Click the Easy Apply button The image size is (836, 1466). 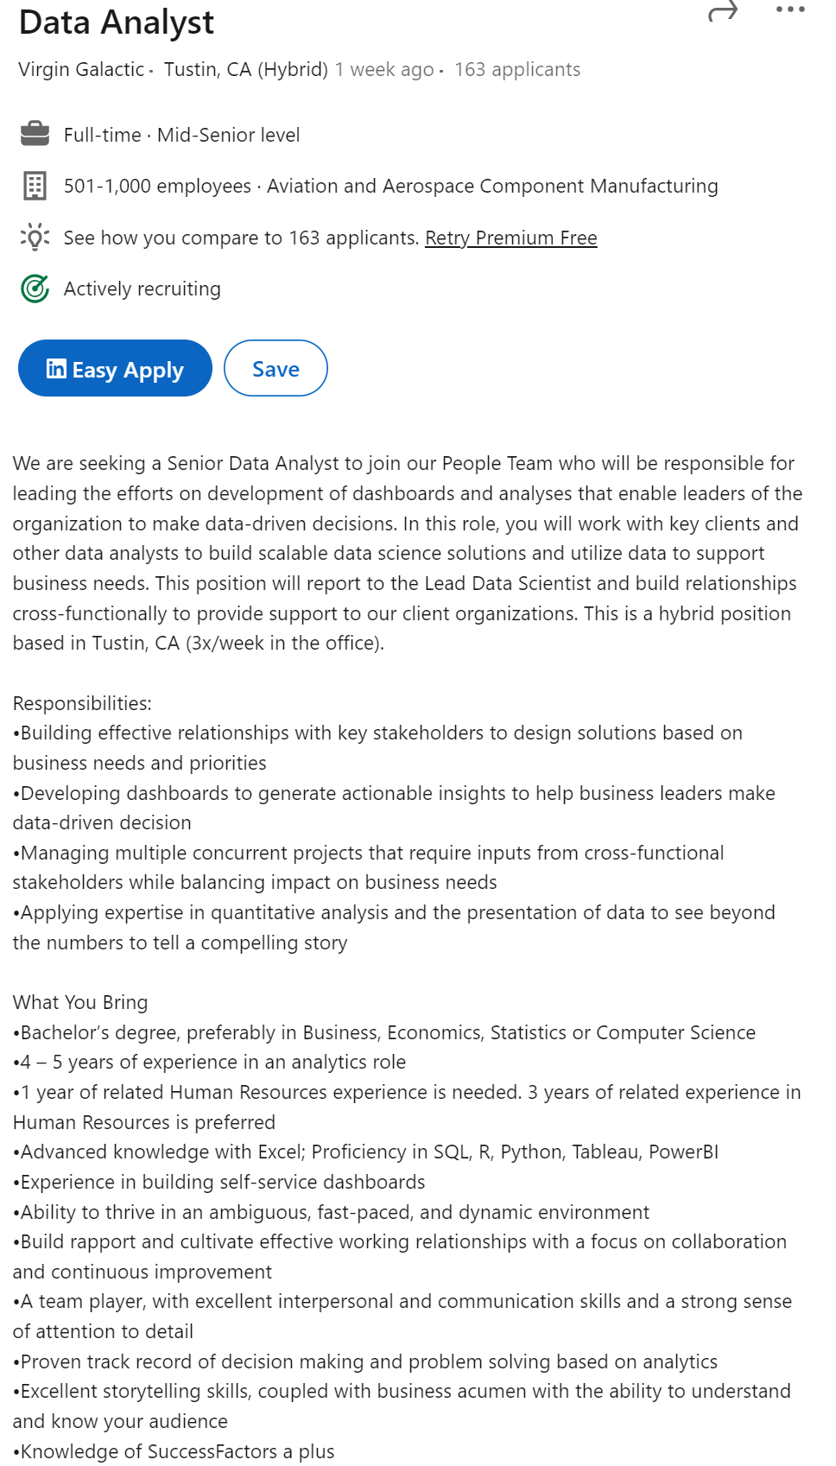tap(115, 369)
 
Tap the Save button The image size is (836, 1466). tap(275, 369)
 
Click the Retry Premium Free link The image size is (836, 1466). tap(510, 238)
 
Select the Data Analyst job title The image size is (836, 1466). tap(117, 22)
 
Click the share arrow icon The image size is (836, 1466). tap(723, 11)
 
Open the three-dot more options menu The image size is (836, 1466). tap(790, 10)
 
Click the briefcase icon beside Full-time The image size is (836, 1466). tap(35, 135)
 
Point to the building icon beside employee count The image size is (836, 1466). tap(35, 186)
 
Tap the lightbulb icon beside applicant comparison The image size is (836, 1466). tap(35, 237)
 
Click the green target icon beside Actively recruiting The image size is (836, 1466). tap(35, 289)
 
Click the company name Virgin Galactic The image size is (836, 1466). tap(81, 69)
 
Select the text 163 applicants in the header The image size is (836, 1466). tap(517, 69)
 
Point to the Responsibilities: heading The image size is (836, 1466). tap(82, 703)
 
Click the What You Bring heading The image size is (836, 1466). tap(80, 1002)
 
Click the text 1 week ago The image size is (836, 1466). tap(384, 69)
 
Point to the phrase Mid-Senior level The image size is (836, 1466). tap(229, 135)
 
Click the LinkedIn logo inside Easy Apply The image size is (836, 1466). tap(56, 369)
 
